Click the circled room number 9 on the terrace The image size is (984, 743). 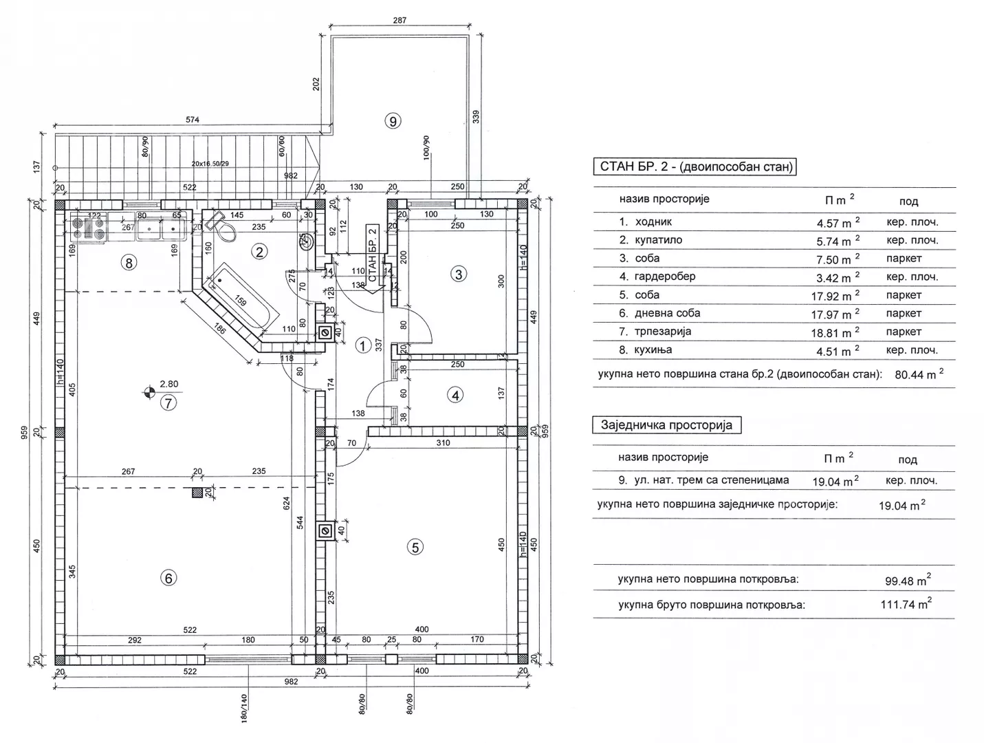393,121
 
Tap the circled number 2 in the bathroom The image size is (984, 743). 259,252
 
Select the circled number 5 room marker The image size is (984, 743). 415,547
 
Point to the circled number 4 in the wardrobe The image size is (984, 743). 455,396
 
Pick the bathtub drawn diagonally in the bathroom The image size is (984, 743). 241,298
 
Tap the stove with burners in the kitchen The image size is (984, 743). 89,228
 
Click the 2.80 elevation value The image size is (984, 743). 169,384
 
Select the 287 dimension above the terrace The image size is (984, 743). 400,20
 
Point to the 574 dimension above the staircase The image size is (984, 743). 193,120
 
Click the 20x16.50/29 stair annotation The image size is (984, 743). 210,164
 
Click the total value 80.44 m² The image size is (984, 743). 919,374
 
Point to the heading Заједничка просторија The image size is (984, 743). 666,424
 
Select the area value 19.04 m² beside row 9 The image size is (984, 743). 835,481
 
